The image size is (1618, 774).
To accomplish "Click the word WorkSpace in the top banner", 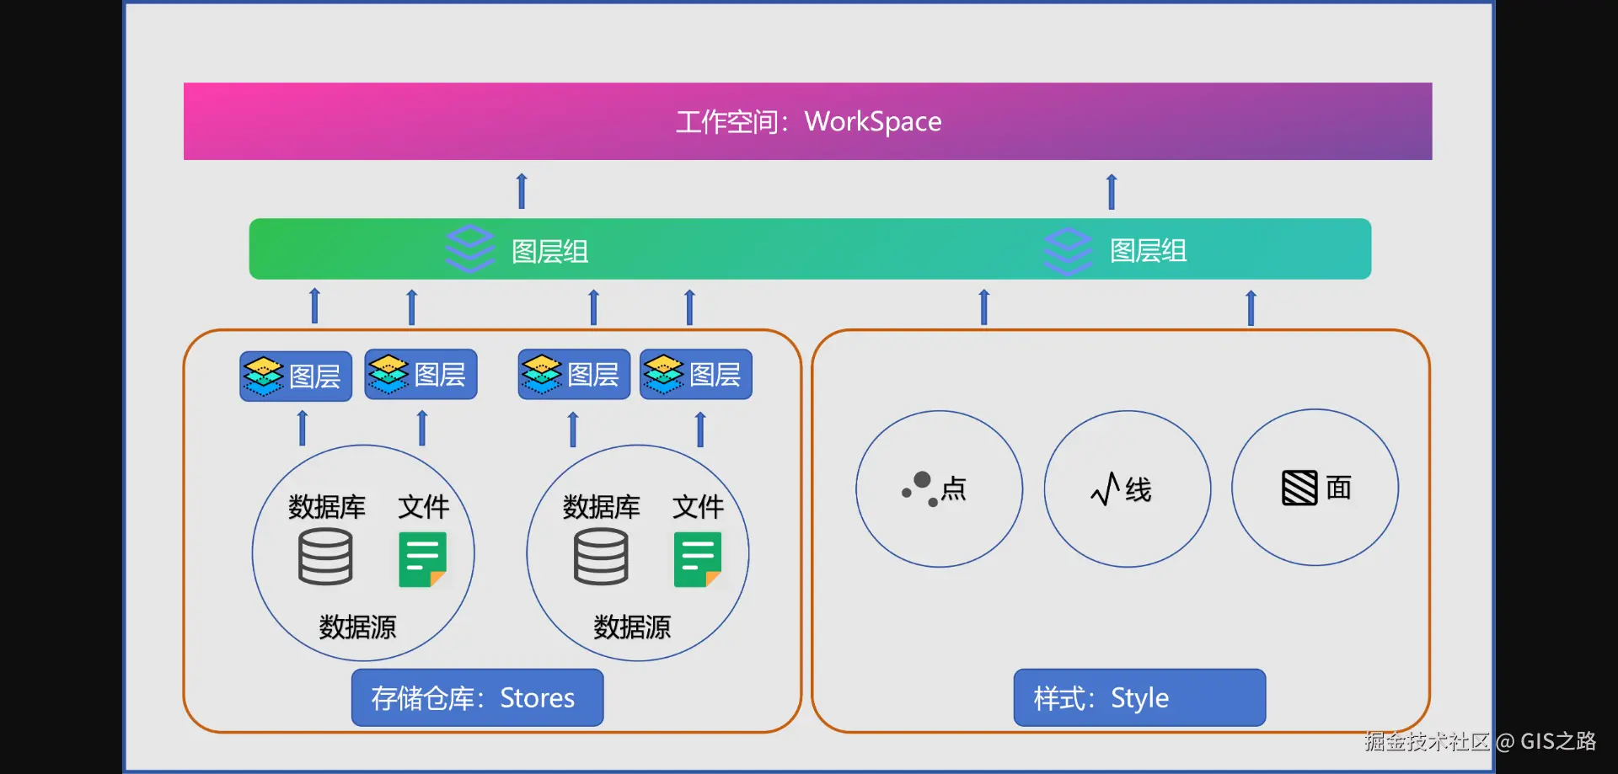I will [873, 122].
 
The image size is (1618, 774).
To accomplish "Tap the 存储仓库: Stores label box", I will [477, 697].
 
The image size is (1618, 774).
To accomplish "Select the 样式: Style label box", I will [1139, 697].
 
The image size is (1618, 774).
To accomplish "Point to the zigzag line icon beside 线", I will [1105, 488].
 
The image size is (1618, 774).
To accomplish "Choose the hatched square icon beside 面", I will [1299, 488].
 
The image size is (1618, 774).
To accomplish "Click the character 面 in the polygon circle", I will [1338, 488].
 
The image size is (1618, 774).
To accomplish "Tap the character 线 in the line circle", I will [1138, 489].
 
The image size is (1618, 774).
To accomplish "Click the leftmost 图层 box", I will [296, 376].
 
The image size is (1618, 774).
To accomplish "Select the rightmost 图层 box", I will [696, 374].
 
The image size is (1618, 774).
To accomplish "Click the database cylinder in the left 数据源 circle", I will [325, 557].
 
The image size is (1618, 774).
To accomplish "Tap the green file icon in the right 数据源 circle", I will [698, 559].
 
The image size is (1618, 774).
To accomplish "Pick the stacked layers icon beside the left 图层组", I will [469, 248].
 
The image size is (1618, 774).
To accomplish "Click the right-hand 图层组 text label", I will [1148, 250].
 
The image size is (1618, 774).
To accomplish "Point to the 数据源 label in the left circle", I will [357, 627].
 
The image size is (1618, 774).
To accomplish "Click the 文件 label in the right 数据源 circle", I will [698, 507].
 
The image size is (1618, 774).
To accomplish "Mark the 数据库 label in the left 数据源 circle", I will [327, 507].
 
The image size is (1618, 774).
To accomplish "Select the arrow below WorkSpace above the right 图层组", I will [1112, 191].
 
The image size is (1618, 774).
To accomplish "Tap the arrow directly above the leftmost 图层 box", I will [315, 306].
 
